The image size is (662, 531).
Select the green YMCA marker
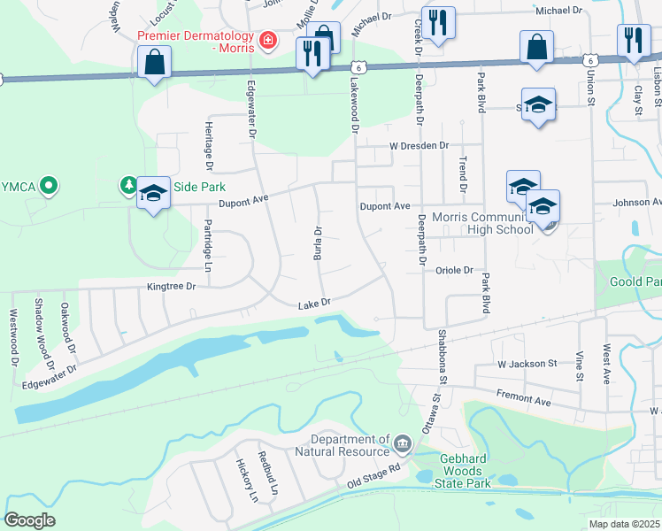(50, 186)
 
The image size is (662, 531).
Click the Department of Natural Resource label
(350, 445)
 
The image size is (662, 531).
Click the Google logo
(29, 520)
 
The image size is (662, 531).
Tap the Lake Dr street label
(314, 303)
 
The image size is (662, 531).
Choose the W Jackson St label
(526, 363)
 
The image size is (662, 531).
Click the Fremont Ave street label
(524, 397)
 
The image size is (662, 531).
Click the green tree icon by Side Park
(129, 185)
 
